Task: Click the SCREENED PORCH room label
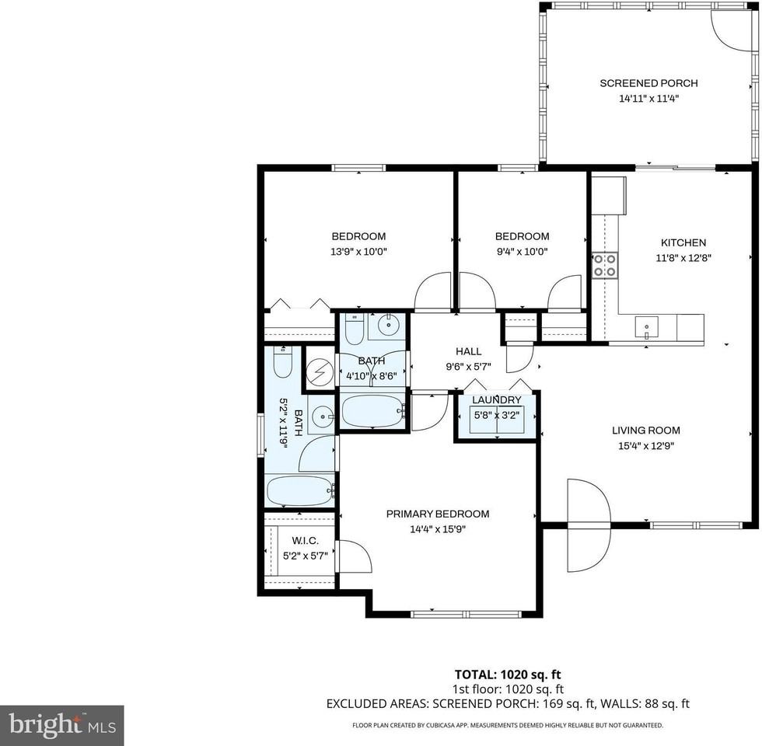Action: (648, 83)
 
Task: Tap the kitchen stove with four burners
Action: (605, 265)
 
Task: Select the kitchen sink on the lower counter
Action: (645, 328)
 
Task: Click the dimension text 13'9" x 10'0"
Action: (358, 251)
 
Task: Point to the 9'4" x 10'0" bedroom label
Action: (522, 236)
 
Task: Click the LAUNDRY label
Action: (496, 400)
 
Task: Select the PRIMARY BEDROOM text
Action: (438, 514)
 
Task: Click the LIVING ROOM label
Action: (645, 430)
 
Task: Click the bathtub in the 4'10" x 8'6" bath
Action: (372, 410)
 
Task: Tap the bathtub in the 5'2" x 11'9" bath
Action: (299, 490)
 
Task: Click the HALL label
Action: (469, 351)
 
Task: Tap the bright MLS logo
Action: (61, 726)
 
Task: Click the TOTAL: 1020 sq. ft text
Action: (507, 675)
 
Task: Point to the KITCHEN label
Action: (683, 242)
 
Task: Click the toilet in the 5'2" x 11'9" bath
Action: (282, 361)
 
